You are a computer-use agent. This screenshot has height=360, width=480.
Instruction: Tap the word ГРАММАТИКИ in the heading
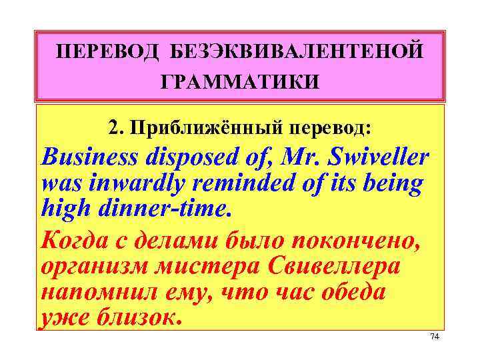[x=240, y=81]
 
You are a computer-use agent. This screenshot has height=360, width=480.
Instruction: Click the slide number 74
[x=435, y=337]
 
